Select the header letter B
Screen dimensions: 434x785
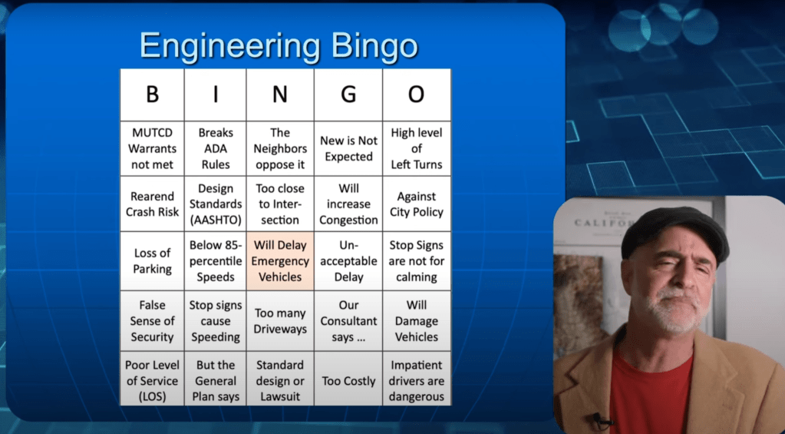(152, 95)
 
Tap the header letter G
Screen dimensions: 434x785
(348, 95)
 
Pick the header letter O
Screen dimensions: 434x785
(417, 95)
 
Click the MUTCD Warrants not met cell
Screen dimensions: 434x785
(152, 148)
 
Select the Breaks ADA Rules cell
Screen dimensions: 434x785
(216, 148)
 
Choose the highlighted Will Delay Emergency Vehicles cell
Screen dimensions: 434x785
(280, 261)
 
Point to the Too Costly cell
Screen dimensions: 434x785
(348, 381)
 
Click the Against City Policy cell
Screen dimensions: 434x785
(417, 204)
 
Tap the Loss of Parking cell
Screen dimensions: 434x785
(152, 261)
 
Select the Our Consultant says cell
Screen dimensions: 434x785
(348, 321)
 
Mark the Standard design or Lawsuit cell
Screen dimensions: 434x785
(280, 381)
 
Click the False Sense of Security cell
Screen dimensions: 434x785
(152, 321)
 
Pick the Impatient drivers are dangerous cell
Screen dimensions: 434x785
(417, 381)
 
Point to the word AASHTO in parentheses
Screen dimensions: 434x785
(216, 220)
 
